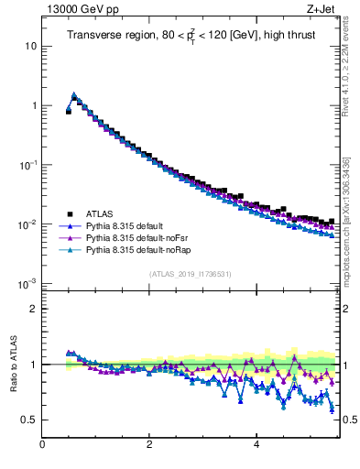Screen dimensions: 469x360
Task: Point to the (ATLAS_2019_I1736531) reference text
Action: pos(190,274)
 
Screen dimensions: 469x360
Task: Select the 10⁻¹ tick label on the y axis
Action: pos(28,165)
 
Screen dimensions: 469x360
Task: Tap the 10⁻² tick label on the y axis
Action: pos(28,224)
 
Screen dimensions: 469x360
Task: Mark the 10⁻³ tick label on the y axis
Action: pos(28,284)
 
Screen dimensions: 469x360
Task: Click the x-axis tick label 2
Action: pos(149,446)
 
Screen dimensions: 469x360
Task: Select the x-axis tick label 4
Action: pos(256,446)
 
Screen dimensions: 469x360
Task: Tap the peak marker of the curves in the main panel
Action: pos(73,94)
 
